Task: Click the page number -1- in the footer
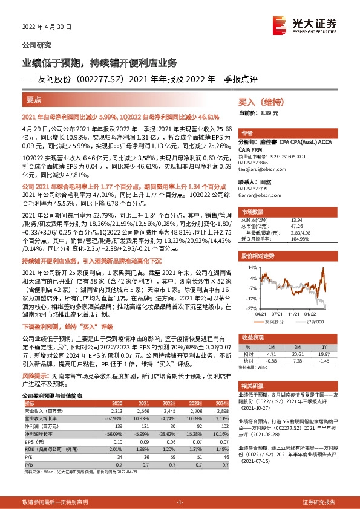[x=179, y=502]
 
